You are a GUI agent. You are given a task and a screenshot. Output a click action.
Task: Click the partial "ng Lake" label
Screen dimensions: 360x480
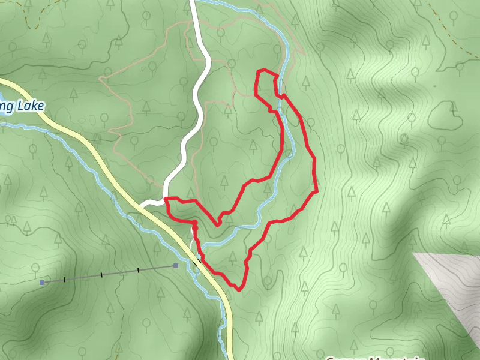(22, 107)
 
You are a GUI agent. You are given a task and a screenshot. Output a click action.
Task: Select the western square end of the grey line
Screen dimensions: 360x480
(42, 282)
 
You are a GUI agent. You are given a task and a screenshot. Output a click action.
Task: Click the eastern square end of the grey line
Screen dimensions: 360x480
(176, 265)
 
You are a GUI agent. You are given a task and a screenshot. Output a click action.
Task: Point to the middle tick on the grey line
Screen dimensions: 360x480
(101, 275)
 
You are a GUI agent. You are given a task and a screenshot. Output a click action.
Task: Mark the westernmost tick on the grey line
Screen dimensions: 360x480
(64, 280)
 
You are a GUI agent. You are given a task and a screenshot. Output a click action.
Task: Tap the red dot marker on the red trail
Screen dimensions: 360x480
(194, 223)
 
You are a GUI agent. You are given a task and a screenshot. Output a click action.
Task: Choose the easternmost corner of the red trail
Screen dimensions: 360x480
(316, 192)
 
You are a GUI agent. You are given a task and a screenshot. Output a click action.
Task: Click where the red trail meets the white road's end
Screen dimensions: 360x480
(166, 199)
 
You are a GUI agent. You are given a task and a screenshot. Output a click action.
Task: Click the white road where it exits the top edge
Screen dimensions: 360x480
(193, 2)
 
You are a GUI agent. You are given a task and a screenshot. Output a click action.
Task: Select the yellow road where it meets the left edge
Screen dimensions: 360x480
(2, 81)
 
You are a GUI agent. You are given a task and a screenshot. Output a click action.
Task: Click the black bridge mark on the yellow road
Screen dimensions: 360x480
(197, 262)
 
